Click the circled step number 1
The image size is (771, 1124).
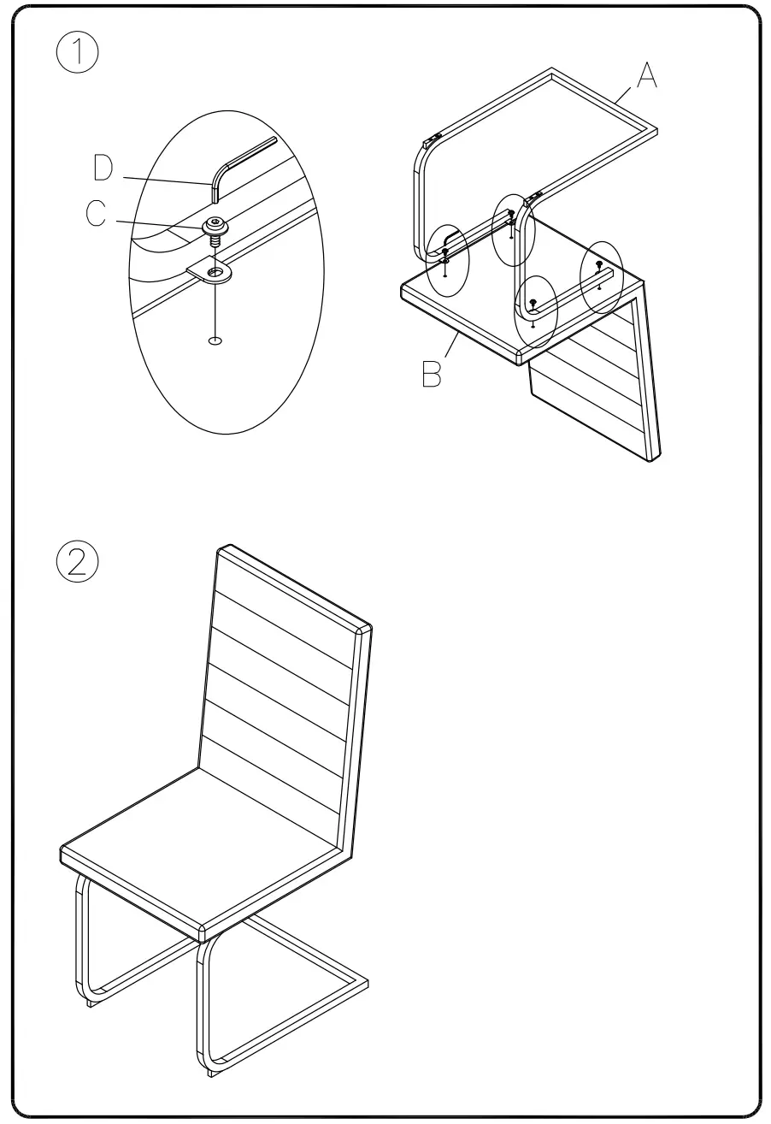pyautogui.click(x=78, y=54)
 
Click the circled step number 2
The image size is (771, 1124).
pyautogui.click(x=78, y=562)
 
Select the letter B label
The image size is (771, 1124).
pyautogui.click(x=433, y=374)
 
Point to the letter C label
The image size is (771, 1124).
pyautogui.click(x=97, y=213)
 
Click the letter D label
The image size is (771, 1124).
pyautogui.click(x=103, y=169)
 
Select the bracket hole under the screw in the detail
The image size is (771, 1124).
pyautogui.click(x=218, y=275)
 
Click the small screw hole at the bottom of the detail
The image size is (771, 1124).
pyautogui.click(x=215, y=340)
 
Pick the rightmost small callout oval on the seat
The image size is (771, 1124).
pyautogui.click(x=602, y=276)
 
